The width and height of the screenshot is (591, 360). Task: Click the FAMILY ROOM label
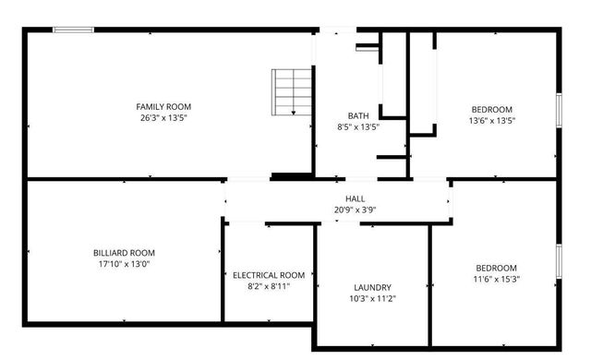(x=164, y=107)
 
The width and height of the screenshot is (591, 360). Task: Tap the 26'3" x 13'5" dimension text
(x=164, y=118)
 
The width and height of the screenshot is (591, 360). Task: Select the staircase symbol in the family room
(x=292, y=92)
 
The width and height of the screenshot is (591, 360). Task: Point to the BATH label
(x=357, y=115)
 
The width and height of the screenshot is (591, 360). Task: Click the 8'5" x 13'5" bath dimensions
(x=357, y=127)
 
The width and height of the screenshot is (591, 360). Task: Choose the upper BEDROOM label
(x=492, y=107)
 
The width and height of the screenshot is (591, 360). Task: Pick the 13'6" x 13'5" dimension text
(x=492, y=119)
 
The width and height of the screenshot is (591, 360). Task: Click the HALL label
(x=356, y=198)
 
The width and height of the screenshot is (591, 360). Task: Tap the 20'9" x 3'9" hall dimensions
(x=356, y=210)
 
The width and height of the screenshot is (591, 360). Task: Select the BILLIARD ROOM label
(x=124, y=253)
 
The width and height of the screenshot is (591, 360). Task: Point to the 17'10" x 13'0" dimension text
(x=124, y=264)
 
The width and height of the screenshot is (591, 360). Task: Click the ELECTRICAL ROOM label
(x=269, y=275)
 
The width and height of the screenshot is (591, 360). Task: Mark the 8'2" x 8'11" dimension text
(x=269, y=287)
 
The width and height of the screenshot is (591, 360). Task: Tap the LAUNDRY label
(x=373, y=287)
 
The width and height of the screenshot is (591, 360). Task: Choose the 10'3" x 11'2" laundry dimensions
(x=373, y=299)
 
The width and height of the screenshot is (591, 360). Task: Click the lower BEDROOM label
(x=495, y=267)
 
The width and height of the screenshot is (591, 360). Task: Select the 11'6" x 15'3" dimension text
(x=495, y=279)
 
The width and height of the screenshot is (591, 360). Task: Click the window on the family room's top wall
(x=73, y=30)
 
